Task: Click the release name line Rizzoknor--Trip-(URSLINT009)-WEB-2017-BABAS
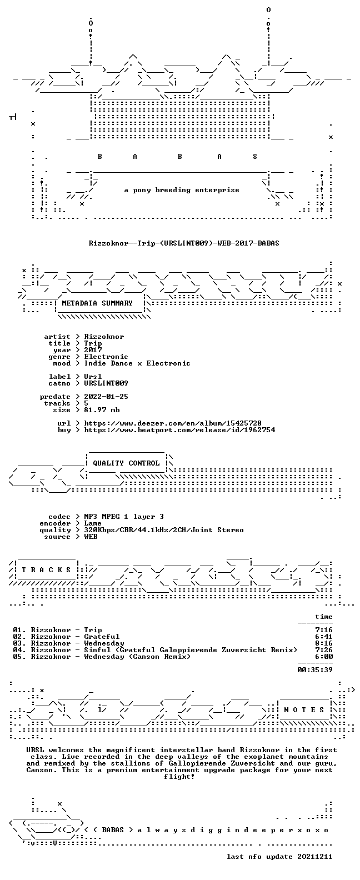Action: tap(184, 243)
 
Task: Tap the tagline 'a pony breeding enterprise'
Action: tap(182, 190)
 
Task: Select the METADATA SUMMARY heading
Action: tap(97, 303)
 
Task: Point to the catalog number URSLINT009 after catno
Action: tap(106, 383)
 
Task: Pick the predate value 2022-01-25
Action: tap(106, 397)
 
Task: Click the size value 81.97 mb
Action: tap(102, 410)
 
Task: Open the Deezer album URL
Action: tap(173, 423)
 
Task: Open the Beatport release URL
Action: tap(179, 430)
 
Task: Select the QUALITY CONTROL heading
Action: tap(126, 463)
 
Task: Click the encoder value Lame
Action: tap(93, 523)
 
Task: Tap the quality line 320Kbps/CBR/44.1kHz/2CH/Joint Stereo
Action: tap(164, 530)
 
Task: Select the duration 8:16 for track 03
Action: tap(324, 643)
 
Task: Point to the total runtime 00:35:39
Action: tap(315, 669)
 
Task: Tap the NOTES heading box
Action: tap(304, 710)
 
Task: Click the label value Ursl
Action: tap(93, 376)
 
